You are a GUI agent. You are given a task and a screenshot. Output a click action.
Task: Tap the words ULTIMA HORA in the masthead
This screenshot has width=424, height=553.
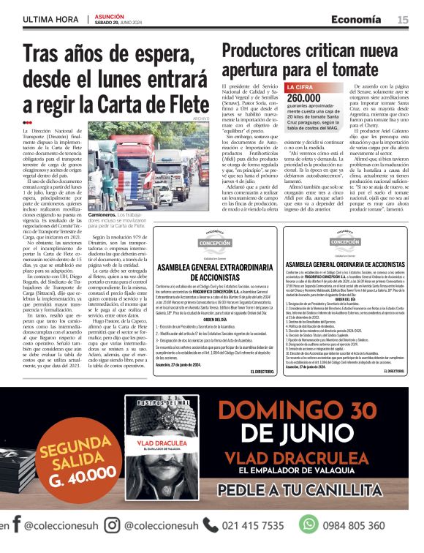click(51, 20)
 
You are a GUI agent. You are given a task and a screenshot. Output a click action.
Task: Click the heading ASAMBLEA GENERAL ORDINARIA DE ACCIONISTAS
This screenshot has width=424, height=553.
click(344, 264)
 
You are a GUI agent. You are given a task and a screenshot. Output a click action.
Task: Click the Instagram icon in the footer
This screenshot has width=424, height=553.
click(112, 525)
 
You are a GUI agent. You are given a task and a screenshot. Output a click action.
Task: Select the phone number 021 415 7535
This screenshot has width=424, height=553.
click(252, 525)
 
